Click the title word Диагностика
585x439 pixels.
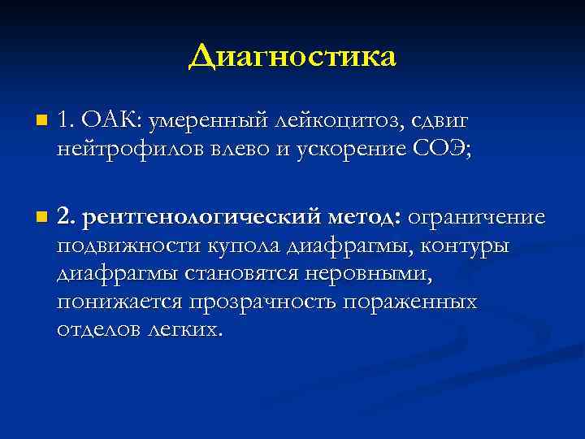[x=292, y=56]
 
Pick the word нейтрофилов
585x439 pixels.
[x=120, y=149]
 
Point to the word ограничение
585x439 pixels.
[x=476, y=218]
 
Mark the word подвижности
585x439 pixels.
[x=129, y=246]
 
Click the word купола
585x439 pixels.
[x=249, y=246]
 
